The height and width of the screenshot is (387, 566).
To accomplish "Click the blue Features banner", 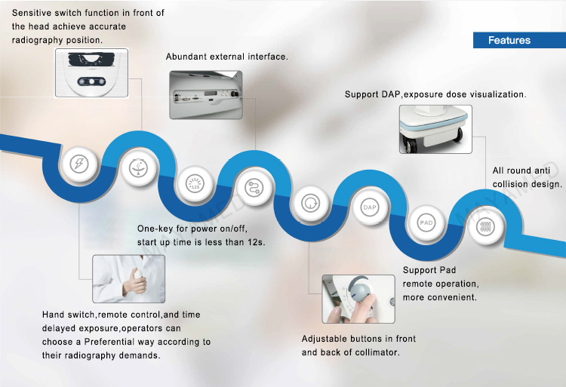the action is [519, 40].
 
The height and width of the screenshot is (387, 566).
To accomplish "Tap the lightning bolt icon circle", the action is [78, 164].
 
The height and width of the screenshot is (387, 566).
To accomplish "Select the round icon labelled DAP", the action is [369, 207].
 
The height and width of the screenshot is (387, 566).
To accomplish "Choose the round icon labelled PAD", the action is [426, 223].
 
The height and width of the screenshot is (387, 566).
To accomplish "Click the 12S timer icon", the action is [195, 183].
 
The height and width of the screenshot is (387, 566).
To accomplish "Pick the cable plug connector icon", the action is [254, 188].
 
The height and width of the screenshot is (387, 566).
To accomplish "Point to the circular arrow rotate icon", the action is [310, 203].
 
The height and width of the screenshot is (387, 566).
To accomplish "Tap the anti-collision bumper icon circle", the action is [484, 226].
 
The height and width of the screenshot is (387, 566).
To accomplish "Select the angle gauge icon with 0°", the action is [139, 168].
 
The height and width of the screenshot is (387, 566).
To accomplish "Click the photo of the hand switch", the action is [129, 279].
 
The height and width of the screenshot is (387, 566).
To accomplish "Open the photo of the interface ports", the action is [206, 95].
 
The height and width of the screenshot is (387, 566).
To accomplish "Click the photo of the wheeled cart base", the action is [435, 130].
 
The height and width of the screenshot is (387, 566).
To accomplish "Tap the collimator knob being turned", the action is [358, 299].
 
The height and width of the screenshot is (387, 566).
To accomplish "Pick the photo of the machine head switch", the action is [91, 73].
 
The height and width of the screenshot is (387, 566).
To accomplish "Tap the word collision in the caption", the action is [509, 184].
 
